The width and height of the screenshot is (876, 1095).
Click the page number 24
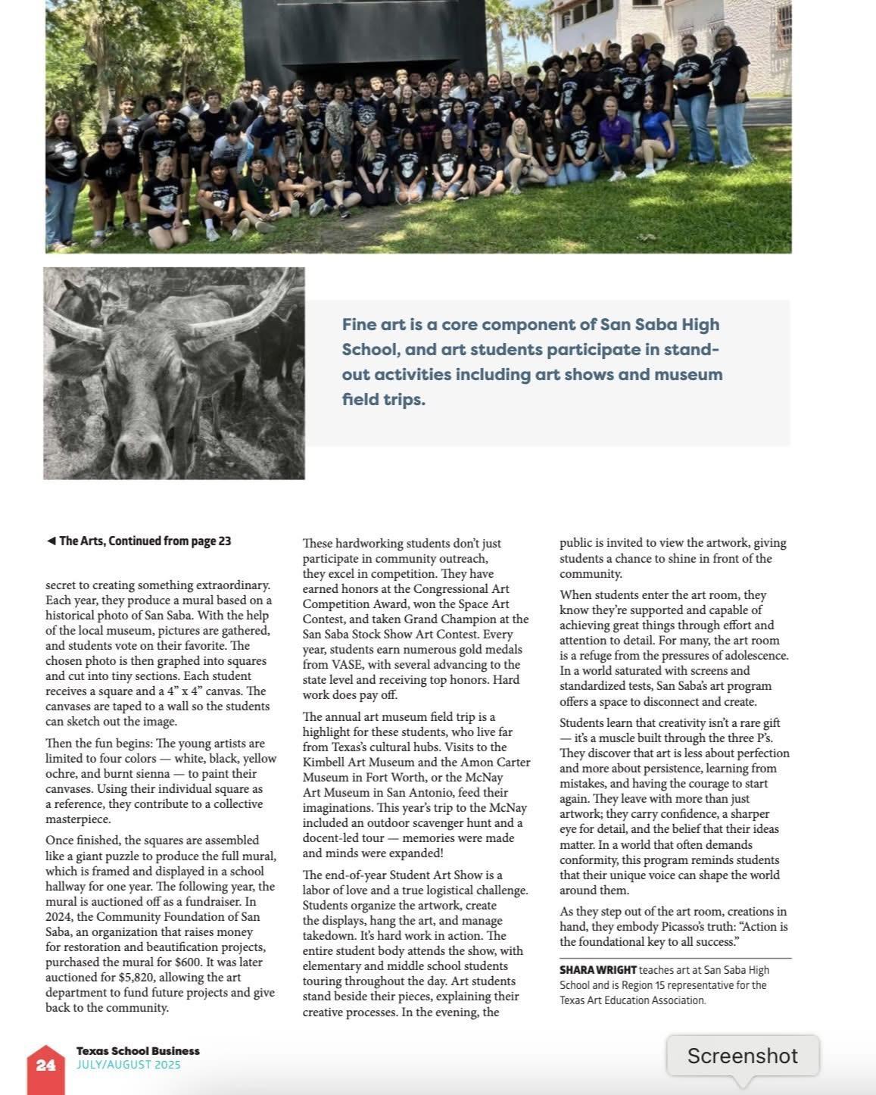point(45,1065)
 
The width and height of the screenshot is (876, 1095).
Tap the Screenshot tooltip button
point(742,1056)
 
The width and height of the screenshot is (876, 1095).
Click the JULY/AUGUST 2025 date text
point(128,1065)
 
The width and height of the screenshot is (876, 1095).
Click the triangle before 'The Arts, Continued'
point(51,541)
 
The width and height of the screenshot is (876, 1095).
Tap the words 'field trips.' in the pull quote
point(383,399)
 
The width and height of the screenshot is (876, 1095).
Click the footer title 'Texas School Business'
point(138,1050)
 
